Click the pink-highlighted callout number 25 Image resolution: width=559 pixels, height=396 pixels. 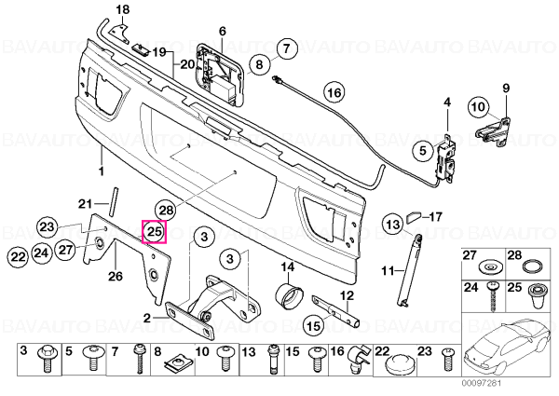click(x=155, y=232)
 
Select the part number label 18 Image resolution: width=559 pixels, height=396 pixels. click(x=123, y=9)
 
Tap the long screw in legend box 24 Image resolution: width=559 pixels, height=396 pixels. click(x=492, y=295)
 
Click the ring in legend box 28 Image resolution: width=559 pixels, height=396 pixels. click(x=532, y=266)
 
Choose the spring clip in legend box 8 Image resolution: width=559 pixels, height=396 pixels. click(x=178, y=363)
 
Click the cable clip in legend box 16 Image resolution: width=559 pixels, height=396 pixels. click(x=359, y=360)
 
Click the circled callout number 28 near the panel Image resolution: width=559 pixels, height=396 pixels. click(x=167, y=211)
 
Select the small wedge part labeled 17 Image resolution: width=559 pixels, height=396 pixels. click(x=414, y=217)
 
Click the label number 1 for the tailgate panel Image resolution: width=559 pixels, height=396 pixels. click(x=102, y=171)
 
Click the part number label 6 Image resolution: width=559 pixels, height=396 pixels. click(x=223, y=31)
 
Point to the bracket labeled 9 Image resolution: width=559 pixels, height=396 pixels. click(x=494, y=128)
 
